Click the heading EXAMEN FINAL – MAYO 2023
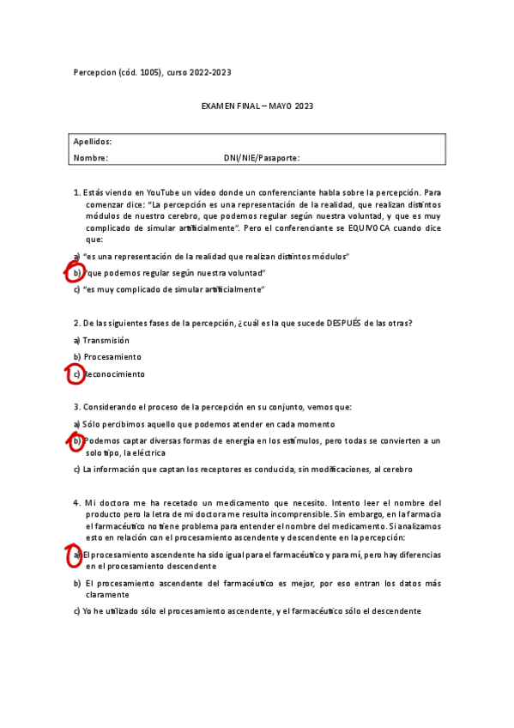257,106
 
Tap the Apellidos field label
93,142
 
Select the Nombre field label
91,158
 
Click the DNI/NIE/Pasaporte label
262,158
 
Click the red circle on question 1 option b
76,273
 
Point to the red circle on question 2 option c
76,374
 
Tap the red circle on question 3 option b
76,440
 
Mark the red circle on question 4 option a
76,555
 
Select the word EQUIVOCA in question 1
390,229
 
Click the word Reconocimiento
115,374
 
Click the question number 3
76,407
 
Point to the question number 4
76,502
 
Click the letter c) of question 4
77,611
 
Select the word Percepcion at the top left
96,73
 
